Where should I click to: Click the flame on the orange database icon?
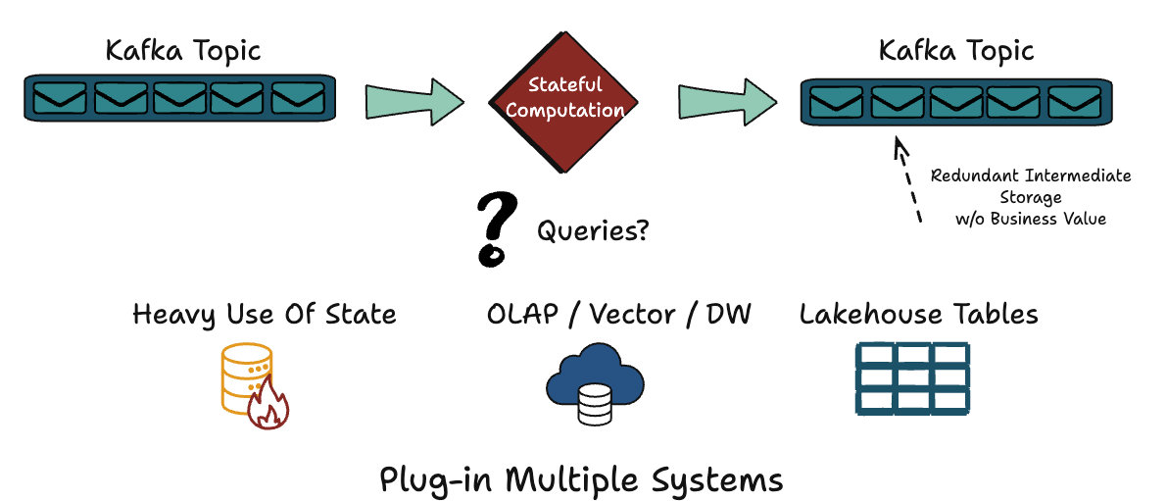coord(266,406)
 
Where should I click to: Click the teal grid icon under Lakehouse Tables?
coord(912,377)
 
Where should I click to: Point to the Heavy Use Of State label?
coord(265,315)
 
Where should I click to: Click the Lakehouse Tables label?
coord(918,315)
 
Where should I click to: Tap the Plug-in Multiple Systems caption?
coord(581,480)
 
